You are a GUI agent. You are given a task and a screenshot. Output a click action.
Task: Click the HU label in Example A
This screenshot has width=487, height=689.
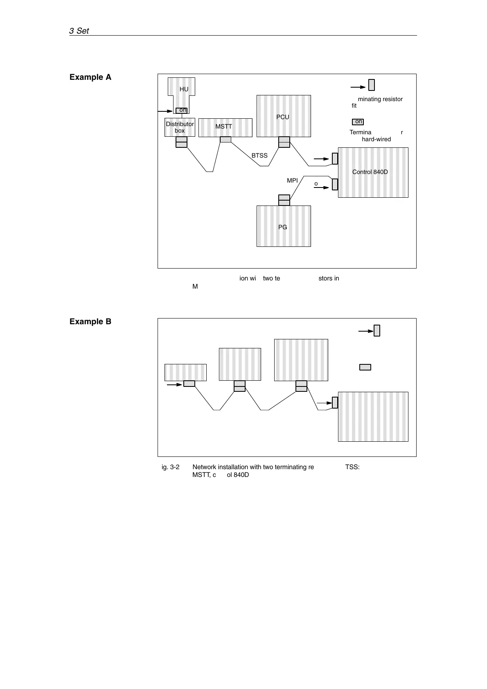184,89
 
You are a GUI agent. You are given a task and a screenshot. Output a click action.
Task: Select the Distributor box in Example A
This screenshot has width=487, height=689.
180,127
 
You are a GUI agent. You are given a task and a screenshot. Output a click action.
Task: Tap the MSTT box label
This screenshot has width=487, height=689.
224,127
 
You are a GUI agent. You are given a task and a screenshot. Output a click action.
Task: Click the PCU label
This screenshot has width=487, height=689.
282,117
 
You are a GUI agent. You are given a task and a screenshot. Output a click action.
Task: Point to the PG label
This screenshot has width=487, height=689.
282,227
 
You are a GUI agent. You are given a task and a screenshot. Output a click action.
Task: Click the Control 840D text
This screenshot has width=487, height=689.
370,172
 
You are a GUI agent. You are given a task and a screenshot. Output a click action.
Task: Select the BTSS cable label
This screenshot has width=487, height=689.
259,156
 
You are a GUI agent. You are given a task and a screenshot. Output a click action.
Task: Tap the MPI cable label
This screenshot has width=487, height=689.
292,180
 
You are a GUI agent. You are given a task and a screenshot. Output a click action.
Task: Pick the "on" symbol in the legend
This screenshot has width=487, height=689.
358,122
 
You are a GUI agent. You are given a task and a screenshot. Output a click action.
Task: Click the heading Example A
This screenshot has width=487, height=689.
90,77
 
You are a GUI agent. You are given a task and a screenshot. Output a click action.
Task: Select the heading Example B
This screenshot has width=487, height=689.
90,322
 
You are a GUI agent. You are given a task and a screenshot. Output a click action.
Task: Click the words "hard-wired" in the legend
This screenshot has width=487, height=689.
376,139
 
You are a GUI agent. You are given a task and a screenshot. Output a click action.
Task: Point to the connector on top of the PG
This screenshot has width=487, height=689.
284,200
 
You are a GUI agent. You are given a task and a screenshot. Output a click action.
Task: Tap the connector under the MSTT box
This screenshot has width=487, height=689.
225,140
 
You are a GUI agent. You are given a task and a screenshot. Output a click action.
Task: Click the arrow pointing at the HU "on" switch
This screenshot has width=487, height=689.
165,111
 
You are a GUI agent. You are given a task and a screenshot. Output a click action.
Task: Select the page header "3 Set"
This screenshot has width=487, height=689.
79,31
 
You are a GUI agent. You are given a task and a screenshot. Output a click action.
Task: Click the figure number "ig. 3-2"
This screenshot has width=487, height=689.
171,467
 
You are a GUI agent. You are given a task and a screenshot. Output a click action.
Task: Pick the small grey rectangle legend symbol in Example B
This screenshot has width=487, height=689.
365,367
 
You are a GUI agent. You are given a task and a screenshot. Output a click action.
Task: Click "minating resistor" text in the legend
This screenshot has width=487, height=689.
380,99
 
